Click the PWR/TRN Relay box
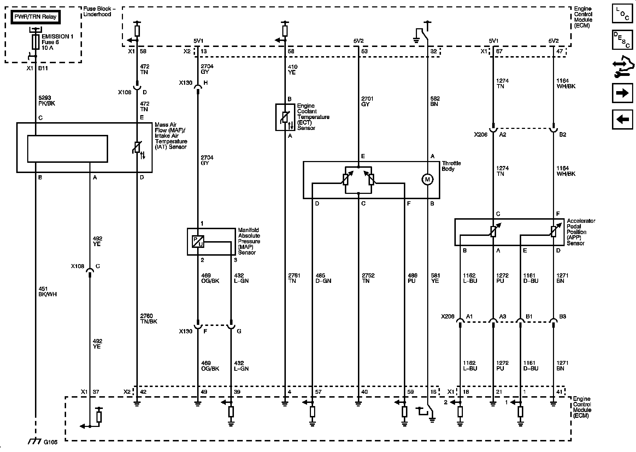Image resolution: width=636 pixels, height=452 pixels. [35, 17]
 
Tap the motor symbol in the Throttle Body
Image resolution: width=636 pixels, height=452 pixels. [427, 180]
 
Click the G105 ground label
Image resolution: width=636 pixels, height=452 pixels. [51, 441]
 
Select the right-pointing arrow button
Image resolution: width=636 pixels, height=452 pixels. [622, 93]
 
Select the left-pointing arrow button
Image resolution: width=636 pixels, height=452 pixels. [622, 119]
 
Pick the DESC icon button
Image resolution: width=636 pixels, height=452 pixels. [622, 40]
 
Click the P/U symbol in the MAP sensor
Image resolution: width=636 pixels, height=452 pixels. [198, 241]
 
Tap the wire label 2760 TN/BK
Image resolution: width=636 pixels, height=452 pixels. [148, 319]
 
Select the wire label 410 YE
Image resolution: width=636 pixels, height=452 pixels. [293, 70]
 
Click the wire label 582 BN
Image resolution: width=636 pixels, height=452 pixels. [435, 101]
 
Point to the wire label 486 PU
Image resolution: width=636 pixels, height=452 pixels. [412, 278]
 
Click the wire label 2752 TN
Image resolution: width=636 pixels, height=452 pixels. [368, 278]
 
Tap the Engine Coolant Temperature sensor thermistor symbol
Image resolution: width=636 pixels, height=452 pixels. [285, 117]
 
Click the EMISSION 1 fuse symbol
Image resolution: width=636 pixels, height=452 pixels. [36, 42]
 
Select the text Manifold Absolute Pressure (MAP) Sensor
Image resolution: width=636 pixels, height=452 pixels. [249, 241]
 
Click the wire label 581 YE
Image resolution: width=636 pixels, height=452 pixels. [435, 278]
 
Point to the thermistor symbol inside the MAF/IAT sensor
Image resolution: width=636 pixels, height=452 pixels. [137, 148]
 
